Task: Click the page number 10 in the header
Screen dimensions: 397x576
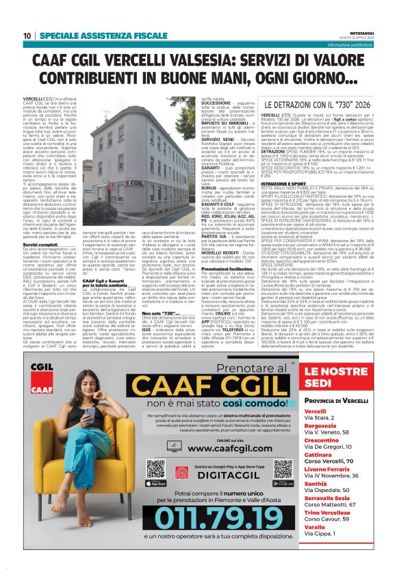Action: click(27, 35)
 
